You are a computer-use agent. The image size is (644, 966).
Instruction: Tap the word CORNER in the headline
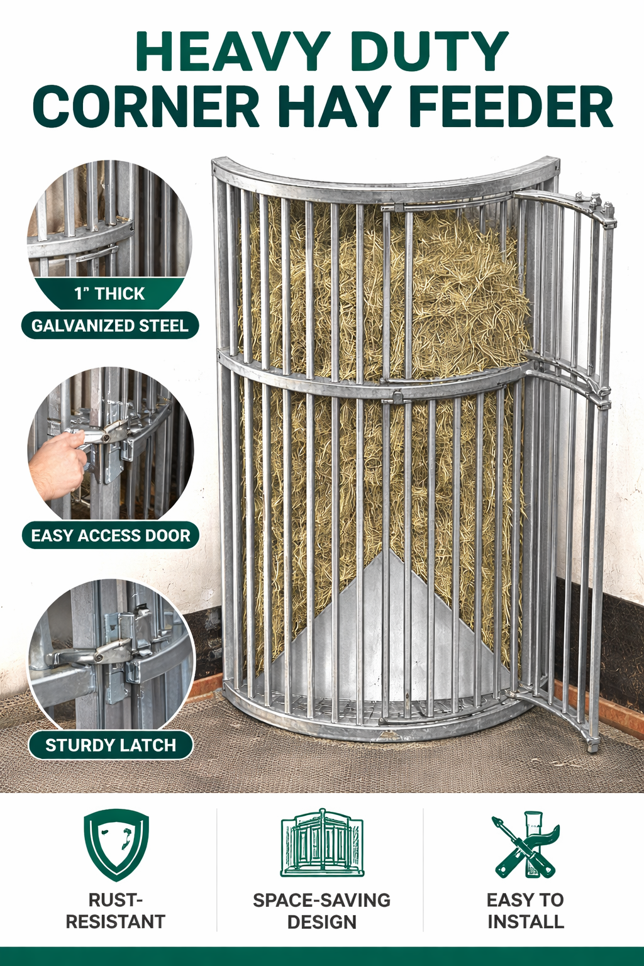click(146, 106)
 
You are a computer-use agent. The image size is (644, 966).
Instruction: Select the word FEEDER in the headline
click(511, 106)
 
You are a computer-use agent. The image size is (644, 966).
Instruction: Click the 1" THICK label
click(109, 294)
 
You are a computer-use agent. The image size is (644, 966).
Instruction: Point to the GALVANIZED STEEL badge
click(110, 326)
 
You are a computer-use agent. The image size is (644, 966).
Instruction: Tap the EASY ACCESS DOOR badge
click(111, 536)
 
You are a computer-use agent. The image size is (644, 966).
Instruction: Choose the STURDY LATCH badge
click(110, 745)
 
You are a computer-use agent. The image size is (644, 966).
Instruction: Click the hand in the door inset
click(58, 465)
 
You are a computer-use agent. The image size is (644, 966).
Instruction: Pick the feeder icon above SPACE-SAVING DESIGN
click(322, 843)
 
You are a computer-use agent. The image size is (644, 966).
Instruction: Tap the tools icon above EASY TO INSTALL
click(526, 844)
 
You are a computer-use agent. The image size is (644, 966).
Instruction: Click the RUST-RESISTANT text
click(116, 911)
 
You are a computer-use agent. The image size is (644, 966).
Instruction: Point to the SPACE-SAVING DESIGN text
click(322, 911)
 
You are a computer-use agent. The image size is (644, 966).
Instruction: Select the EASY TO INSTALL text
click(526, 911)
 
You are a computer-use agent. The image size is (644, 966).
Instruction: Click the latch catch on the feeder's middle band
click(397, 396)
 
